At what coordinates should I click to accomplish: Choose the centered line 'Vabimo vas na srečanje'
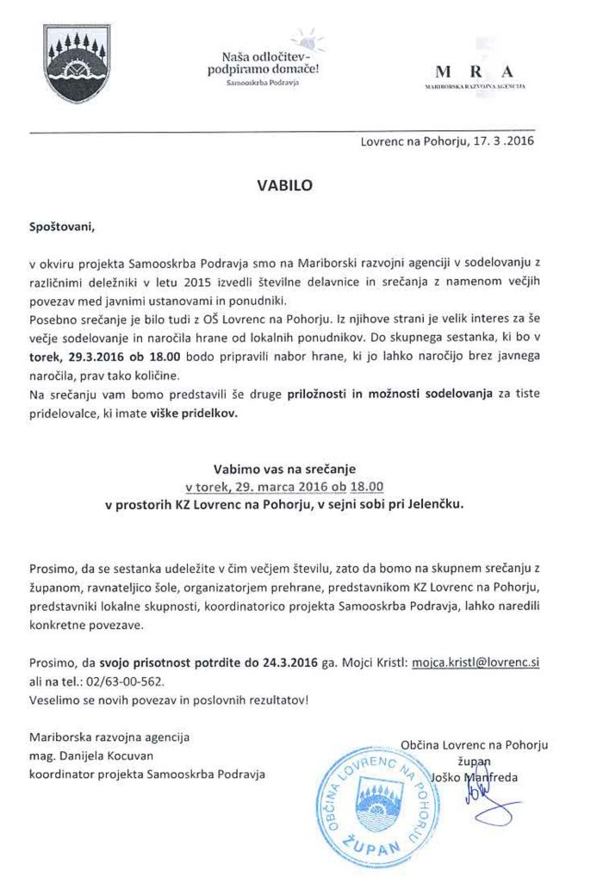pyautogui.click(x=283, y=470)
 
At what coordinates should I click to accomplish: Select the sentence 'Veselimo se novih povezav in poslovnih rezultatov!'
pyautogui.click(x=168, y=700)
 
